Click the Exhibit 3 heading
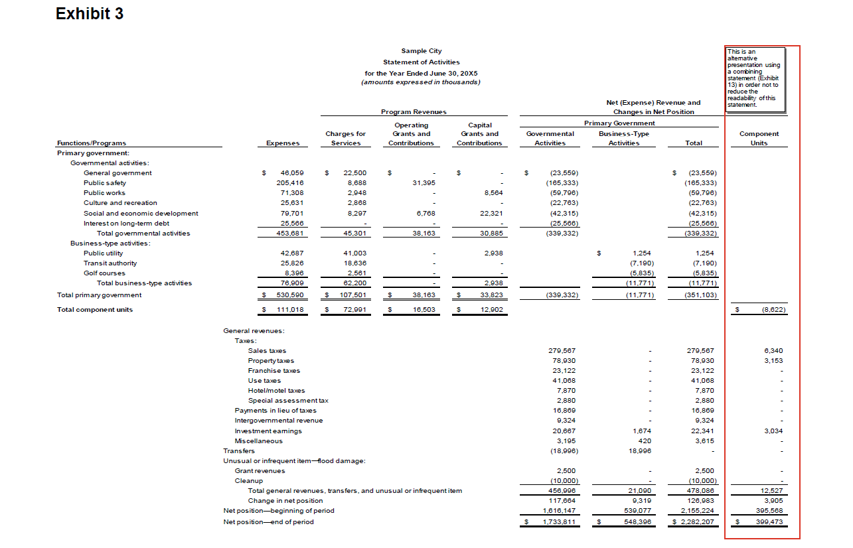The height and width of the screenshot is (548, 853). coord(90,14)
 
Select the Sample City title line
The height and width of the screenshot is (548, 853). coord(421,51)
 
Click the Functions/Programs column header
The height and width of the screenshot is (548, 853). coord(92,143)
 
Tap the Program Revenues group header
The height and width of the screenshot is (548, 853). coord(414,112)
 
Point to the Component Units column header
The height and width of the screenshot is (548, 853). coord(759,138)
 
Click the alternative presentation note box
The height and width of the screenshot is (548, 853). coord(755,78)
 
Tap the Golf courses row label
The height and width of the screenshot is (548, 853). coord(104,273)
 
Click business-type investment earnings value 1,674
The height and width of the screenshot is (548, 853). coord(641,431)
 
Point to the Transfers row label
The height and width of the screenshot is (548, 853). coord(238,451)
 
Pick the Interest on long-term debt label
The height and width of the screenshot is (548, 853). coord(126,224)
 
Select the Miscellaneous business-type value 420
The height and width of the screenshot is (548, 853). coord(645,441)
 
